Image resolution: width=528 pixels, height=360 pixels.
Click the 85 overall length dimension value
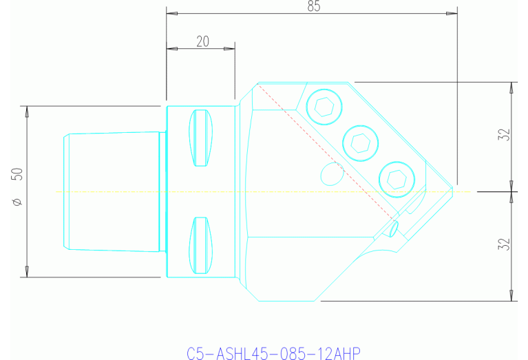314,6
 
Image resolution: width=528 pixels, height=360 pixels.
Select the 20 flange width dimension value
203,41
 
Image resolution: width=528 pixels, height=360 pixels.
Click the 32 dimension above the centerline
505,134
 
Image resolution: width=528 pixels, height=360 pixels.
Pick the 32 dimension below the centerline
505,244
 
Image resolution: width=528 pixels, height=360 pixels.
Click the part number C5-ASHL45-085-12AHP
274,353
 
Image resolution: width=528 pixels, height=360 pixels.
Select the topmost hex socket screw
323,106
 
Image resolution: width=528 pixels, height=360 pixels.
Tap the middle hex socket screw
360,142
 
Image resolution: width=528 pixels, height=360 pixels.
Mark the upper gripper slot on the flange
200,138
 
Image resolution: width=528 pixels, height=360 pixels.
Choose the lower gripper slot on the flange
200,245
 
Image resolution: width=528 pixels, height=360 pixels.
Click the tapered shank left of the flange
114,191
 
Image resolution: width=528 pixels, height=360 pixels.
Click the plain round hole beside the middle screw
333,175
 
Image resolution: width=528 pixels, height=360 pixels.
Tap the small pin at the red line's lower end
393,228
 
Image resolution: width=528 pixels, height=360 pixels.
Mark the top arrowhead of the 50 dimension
27,110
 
